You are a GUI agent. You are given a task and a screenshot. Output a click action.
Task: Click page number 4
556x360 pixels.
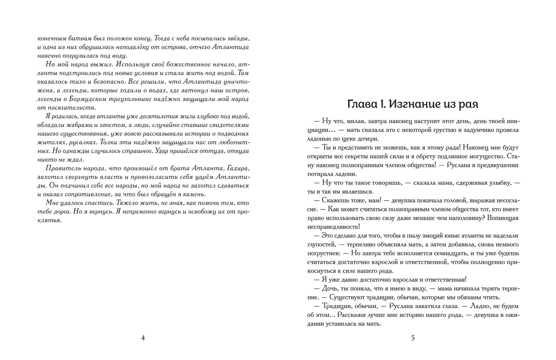pyautogui.click(x=143, y=338)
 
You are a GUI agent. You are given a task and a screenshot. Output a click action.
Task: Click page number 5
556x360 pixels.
pyautogui.click(x=413, y=338)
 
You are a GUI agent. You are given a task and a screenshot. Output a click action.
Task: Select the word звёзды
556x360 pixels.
pyautogui.click(x=237, y=39)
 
